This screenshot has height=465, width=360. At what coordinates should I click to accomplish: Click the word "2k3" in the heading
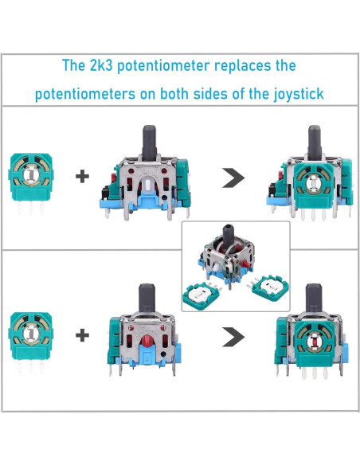(x=107, y=65)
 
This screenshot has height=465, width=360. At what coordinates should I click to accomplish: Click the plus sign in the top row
(x=81, y=177)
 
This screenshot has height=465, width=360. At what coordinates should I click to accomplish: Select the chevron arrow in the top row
(x=230, y=177)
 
